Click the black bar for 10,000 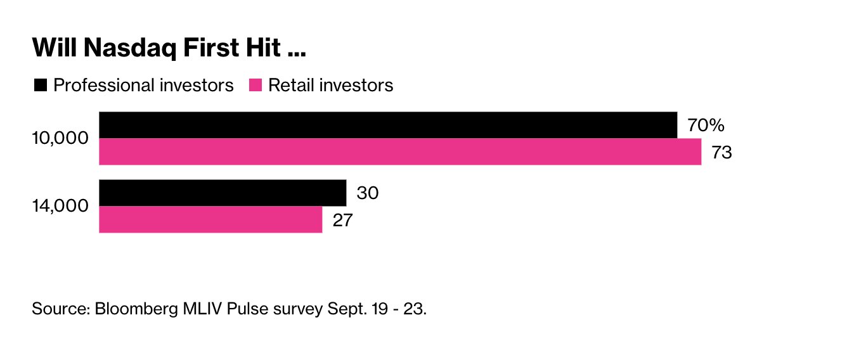388,125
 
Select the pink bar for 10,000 400,151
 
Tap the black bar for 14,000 223,193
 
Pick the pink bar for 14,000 210,219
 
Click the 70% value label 706,125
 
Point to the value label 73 722,153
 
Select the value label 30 367,193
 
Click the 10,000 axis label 61,138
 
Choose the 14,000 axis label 61,206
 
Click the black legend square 41,85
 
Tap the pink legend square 255,85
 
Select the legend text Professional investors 143,85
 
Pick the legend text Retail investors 331,85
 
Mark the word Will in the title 54,49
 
